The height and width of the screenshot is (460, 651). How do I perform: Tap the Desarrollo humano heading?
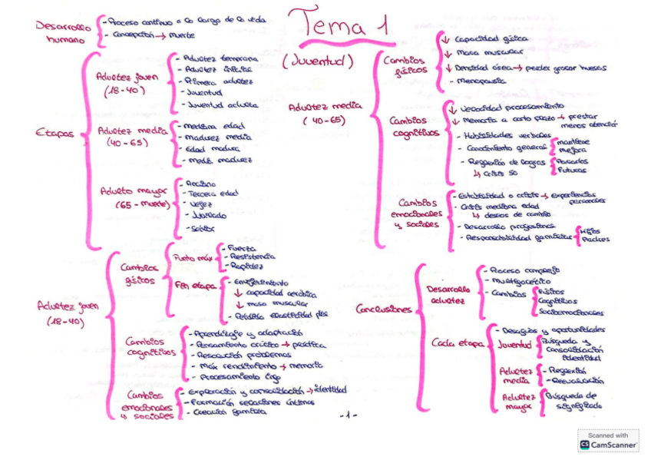click(62, 32)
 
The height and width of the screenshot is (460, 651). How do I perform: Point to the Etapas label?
click(55, 134)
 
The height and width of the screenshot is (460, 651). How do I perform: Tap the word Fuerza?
click(238, 248)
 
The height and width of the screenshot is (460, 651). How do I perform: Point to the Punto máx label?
click(192, 258)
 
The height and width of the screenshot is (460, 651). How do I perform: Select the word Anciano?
click(201, 184)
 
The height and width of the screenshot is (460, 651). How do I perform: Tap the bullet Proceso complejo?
click(524, 270)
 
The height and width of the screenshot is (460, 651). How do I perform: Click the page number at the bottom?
click(349, 415)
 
